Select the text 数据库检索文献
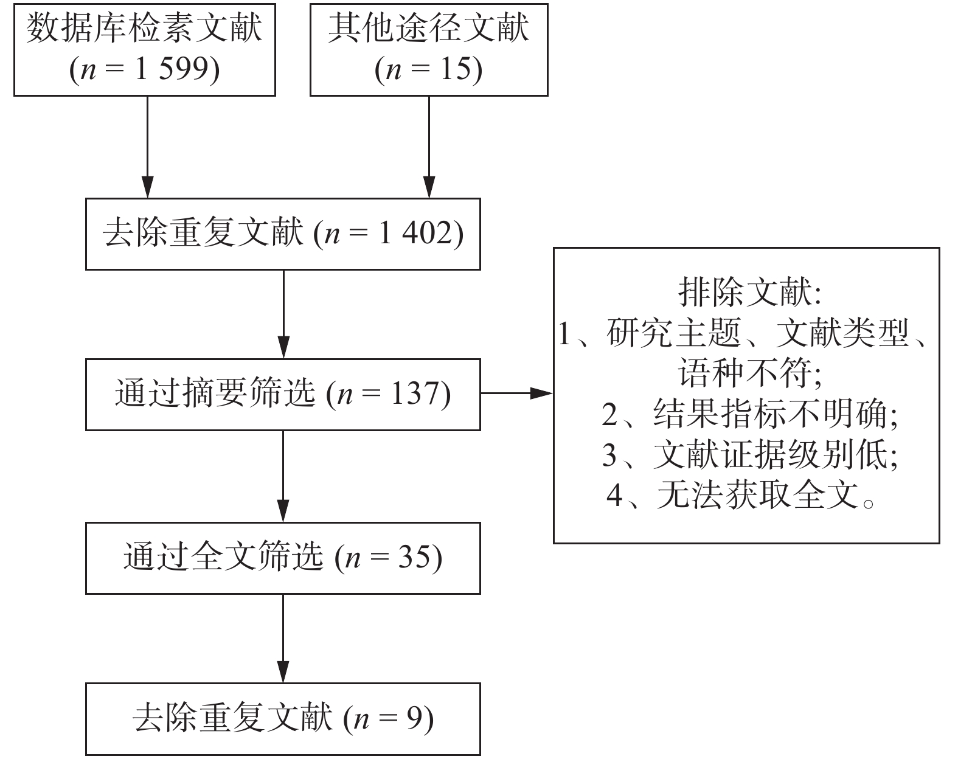[145, 28]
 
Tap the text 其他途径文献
[429, 28]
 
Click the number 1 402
[416, 234]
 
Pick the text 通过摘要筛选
[215, 393]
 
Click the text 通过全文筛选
[223, 557]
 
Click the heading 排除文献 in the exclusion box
[745, 293]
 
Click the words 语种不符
[745, 373]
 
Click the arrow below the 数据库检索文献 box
[147, 146]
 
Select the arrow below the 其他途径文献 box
[429, 146]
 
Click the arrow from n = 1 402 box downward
[283, 313]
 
